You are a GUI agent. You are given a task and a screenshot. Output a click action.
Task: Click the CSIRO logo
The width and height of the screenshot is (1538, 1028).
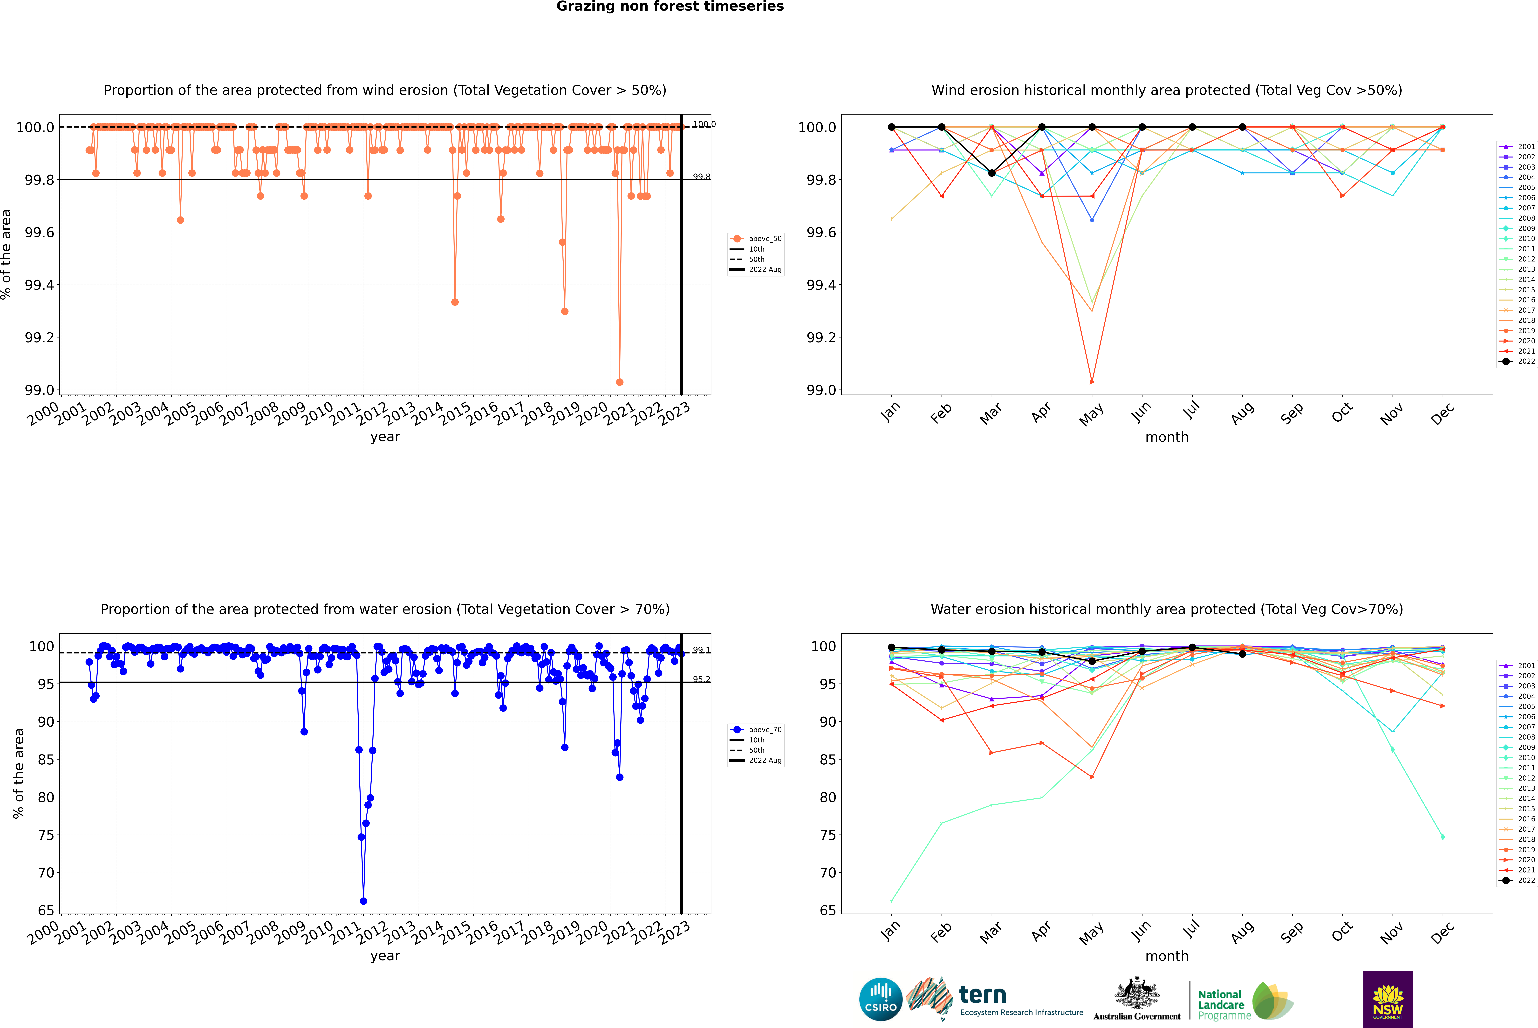point(881,999)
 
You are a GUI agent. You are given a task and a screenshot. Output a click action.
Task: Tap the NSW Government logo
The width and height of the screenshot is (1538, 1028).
point(1388,999)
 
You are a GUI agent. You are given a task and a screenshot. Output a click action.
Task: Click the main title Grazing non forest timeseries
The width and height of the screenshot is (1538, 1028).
point(670,7)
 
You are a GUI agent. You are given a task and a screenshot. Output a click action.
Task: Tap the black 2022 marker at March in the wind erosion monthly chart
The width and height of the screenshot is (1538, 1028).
point(992,173)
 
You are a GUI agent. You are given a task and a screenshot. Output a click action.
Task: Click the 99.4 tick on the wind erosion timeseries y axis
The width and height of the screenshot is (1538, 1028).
point(39,285)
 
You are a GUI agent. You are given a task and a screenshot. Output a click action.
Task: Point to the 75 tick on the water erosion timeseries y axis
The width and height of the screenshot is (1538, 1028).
point(46,835)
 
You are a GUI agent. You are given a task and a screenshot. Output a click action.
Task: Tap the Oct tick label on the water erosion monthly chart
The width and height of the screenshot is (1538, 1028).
point(1342,932)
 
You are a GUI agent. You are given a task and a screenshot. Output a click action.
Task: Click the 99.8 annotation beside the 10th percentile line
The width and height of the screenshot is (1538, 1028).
point(701,177)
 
